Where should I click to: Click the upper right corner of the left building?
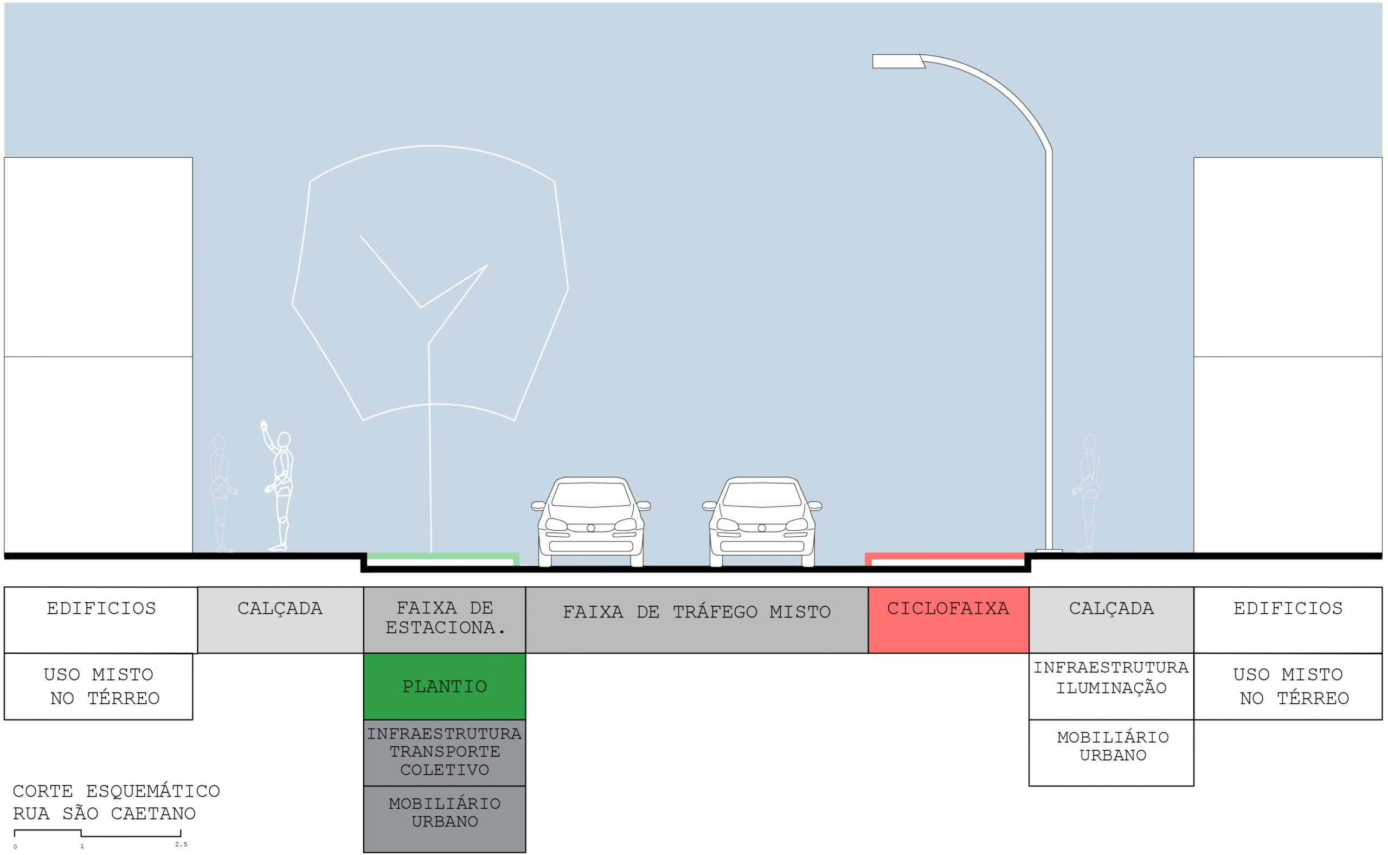pyautogui.click(x=192, y=158)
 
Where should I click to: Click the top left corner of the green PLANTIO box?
pyautogui.click(x=364, y=654)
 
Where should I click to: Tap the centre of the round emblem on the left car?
pyautogui.click(x=591, y=528)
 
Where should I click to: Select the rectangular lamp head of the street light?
pyautogui.click(x=898, y=61)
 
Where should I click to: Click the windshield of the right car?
pyautogui.click(x=762, y=494)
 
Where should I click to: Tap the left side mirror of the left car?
pyautogui.click(x=538, y=505)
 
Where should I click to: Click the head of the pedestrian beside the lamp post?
pyautogui.click(x=1091, y=442)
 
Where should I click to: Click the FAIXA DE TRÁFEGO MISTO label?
pyautogui.click(x=697, y=612)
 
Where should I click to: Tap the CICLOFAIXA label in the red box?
pyautogui.click(x=948, y=608)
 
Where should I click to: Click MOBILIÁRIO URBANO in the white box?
pyautogui.click(x=1113, y=747)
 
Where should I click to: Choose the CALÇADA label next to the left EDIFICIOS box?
pyautogui.click(x=280, y=609)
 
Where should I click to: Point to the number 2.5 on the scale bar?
pyautogui.click(x=181, y=845)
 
